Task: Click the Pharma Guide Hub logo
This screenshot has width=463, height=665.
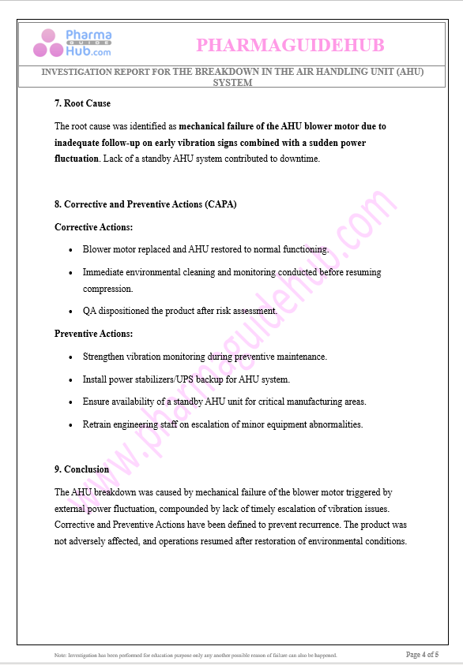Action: [72, 43]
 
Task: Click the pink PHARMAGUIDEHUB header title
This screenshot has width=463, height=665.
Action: [290, 46]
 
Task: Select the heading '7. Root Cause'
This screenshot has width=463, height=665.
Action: [82, 103]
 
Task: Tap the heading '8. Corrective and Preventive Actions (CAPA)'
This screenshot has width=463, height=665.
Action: [145, 204]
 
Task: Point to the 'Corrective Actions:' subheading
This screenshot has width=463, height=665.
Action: [93, 227]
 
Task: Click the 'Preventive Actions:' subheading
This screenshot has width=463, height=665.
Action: [93, 334]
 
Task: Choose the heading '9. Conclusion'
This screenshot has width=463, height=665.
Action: [81, 469]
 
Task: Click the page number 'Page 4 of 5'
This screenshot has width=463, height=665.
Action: [422, 655]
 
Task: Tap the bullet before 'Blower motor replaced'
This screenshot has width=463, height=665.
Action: [71, 250]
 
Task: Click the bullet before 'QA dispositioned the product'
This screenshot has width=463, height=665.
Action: [71, 312]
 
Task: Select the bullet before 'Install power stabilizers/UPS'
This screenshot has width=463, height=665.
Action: [71, 380]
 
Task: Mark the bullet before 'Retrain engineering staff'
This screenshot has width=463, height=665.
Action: [71, 425]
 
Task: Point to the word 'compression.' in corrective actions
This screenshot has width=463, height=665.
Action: [107, 289]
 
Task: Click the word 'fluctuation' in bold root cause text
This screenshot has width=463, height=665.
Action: [76, 159]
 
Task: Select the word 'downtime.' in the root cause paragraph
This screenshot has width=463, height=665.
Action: [298, 159]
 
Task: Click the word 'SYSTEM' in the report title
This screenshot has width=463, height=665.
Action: [232, 83]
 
